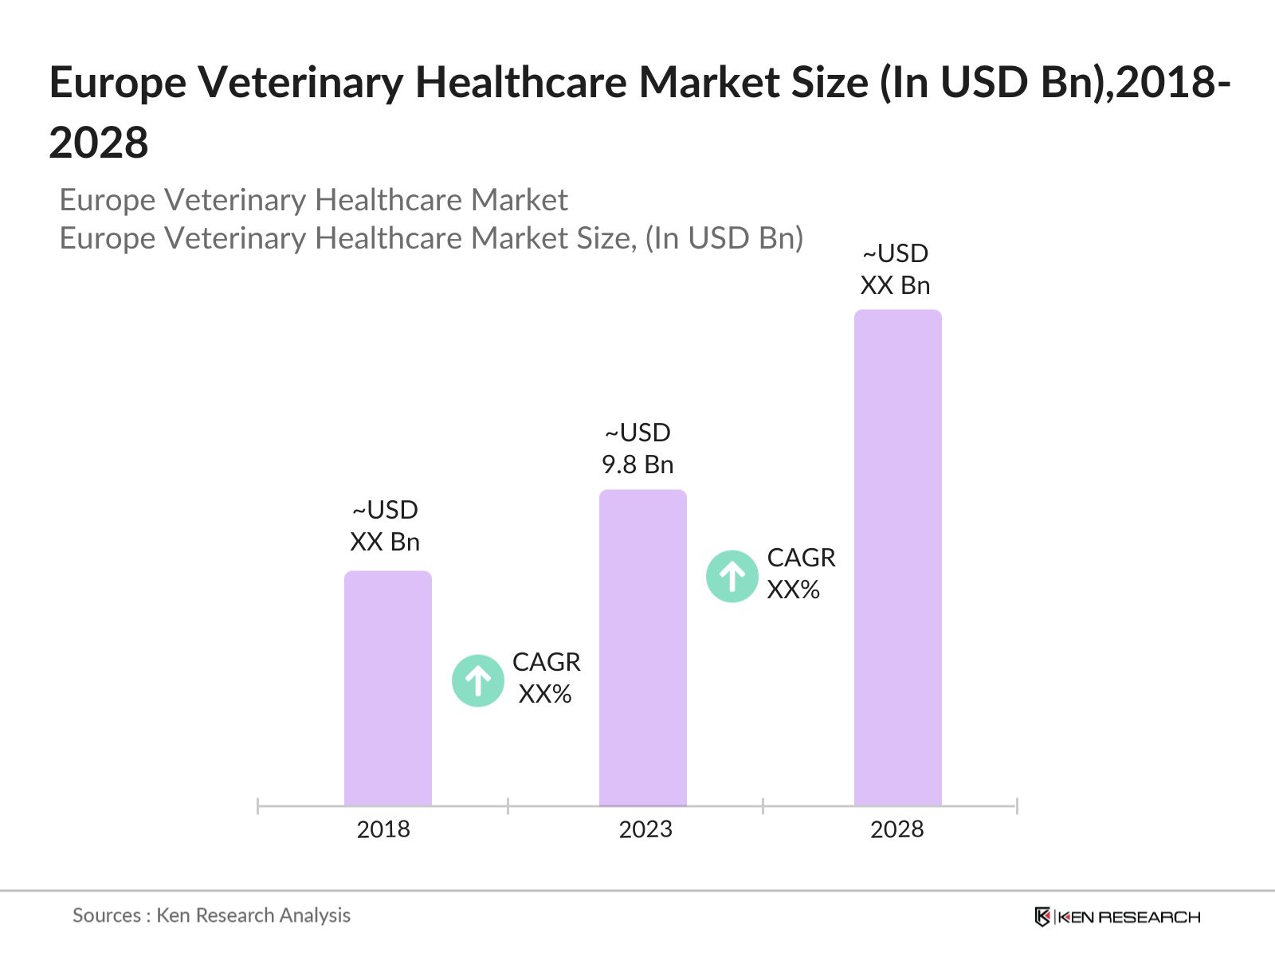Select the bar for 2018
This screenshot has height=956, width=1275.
pos(387,688)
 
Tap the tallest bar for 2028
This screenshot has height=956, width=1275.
pos(897,558)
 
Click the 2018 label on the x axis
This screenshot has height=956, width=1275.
pos(383,829)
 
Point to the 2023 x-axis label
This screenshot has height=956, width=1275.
pos(645,829)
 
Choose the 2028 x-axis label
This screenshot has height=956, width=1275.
pos(896,829)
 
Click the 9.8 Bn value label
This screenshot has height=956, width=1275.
pos(637,464)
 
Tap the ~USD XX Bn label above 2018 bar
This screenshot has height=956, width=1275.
pos(385,526)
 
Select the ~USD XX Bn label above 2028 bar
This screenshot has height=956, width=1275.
pos(895,269)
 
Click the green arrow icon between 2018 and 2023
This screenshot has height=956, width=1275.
pos(477,680)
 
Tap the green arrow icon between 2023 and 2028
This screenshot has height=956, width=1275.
pos(732,576)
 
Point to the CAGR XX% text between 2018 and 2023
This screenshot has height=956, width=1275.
pos(546,678)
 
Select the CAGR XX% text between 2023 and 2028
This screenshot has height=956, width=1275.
pos(800,574)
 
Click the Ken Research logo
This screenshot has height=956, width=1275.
pos(1117,917)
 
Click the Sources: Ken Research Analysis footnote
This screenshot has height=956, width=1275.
pos(211,915)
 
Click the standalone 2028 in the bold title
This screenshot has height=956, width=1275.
pos(99,143)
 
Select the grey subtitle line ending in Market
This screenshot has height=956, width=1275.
pos(313,200)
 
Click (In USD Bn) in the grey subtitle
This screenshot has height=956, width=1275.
pos(724,238)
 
